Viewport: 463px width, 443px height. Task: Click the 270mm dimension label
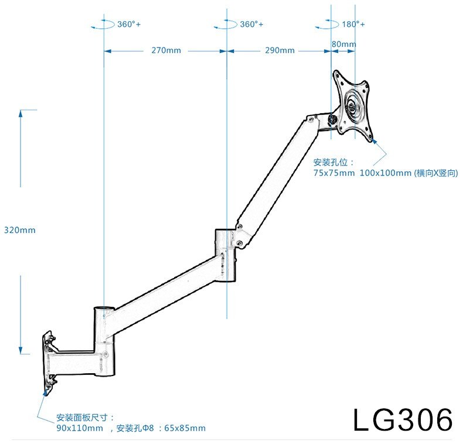tap(166, 50)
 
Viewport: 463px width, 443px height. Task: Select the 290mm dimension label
tap(280, 50)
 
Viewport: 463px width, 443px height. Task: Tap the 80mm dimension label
tap(343, 44)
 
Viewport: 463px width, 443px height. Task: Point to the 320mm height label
tap(19, 230)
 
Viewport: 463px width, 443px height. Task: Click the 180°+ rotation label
tap(353, 25)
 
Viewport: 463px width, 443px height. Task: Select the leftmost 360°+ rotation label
tap(129, 25)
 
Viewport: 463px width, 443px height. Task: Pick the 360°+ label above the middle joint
tap(251, 25)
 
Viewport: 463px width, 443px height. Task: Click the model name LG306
tap(403, 420)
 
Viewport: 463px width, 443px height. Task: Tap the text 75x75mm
tap(334, 173)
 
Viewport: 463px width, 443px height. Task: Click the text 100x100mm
tap(385, 173)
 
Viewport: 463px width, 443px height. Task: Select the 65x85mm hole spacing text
tap(185, 428)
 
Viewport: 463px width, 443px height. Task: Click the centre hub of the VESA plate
tap(352, 108)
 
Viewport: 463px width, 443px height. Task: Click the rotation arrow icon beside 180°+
tap(326, 25)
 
